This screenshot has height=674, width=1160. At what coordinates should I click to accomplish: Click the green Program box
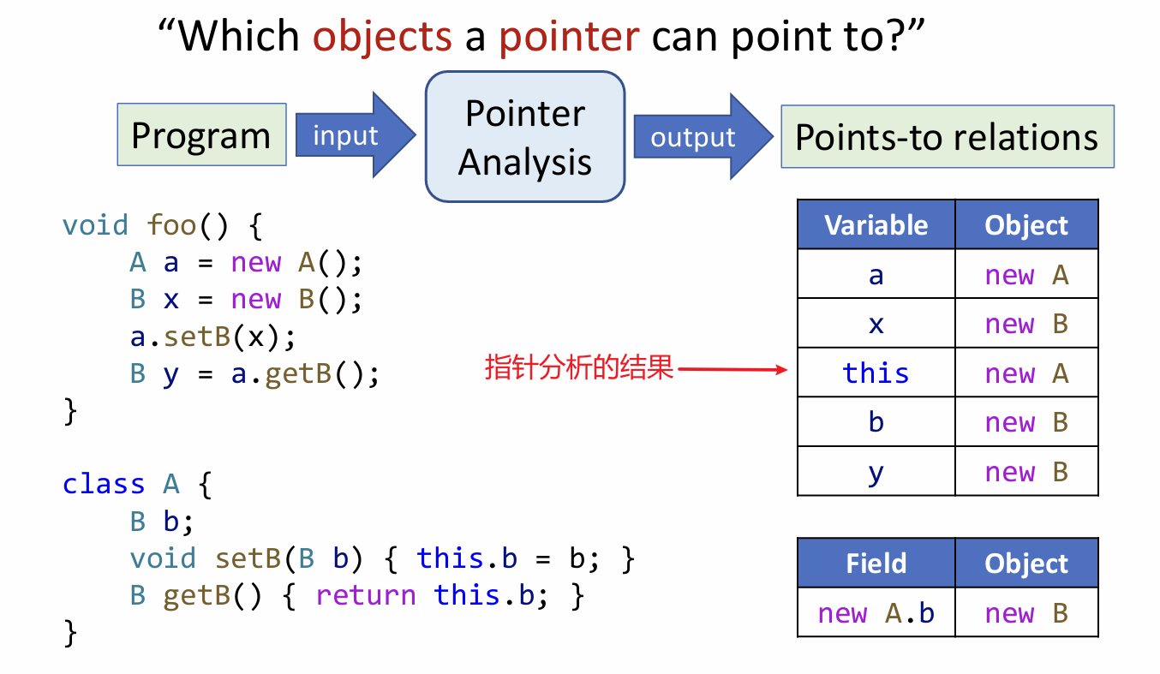pyautogui.click(x=201, y=135)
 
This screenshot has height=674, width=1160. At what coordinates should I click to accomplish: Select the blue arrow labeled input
pyautogui.click(x=351, y=136)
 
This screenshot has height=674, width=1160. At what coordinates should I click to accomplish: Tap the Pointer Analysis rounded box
pyautogui.click(x=525, y=137)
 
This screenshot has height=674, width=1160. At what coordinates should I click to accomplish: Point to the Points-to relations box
pyautogui.click(x=947, y=137)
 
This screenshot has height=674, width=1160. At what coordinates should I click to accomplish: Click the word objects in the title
pyautogui.click(x=382, y=36)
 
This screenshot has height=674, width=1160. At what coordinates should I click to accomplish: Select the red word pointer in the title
pyautogui.click(x=569, y=36)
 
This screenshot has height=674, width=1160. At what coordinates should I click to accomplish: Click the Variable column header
pyautogui.click(x=876, y=225)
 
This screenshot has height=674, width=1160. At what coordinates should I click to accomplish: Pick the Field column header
pyautogui.click(x=876, y=564)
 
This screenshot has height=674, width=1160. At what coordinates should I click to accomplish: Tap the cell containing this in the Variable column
pyautogui.click(x=876, y=373)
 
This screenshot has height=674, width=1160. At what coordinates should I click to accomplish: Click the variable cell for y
pyautogui.click(x=876, y=472)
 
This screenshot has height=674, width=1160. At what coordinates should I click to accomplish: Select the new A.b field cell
pyautogui.click(x=876, y=613)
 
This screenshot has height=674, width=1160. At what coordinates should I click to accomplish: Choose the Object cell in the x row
pyautogui.click(x=1026, y=324)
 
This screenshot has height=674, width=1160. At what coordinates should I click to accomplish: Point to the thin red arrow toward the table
pyautogui.click(x=732, y=370)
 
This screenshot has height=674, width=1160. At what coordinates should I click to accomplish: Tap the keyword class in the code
pyautogui.click(x=104, y=484)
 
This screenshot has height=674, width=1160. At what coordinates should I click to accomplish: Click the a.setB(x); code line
pyautogui.click(x=213, y=337)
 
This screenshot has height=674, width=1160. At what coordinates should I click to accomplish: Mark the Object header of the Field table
pyautogui.click(x=1026, y=564)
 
